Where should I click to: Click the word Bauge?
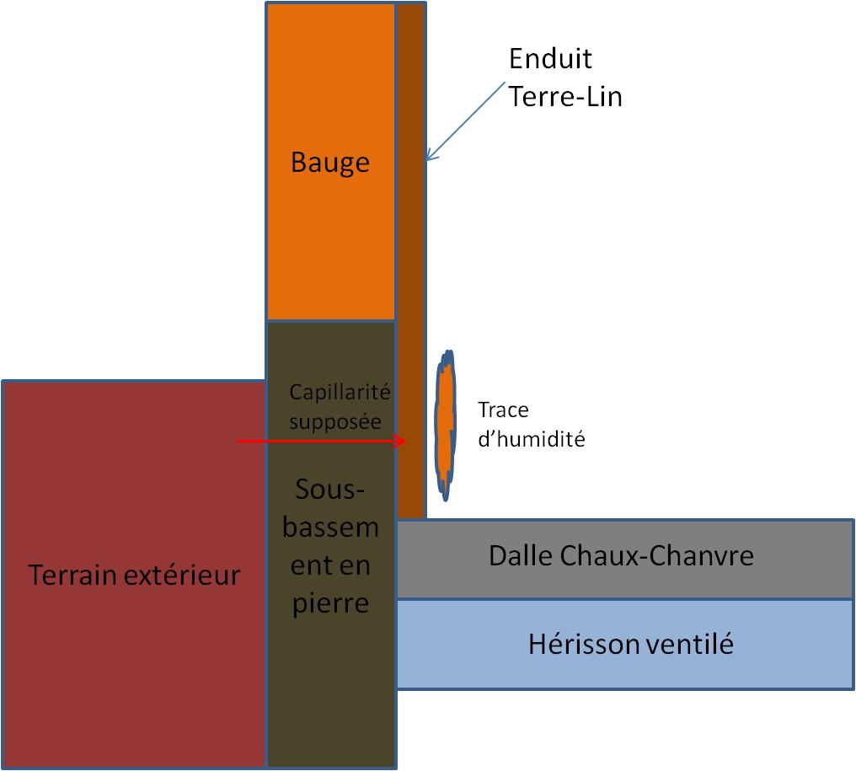tap(330, 162)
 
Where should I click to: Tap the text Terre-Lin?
tap(565, 97)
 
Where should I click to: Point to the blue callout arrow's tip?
tap(426, 159)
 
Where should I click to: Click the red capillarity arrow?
tap(320, 441)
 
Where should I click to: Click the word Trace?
tap(503, 410)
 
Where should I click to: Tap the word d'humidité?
tap(531, 439)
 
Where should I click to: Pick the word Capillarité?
tap(340, 392)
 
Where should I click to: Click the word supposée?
tap(335, 421)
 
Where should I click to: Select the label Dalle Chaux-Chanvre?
tap(621, 556)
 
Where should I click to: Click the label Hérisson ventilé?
tap(630, 645)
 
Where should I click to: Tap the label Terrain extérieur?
tap(134, 576)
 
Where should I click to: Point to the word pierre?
tap(330, 603)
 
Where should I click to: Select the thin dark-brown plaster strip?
tap(410, 253)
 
